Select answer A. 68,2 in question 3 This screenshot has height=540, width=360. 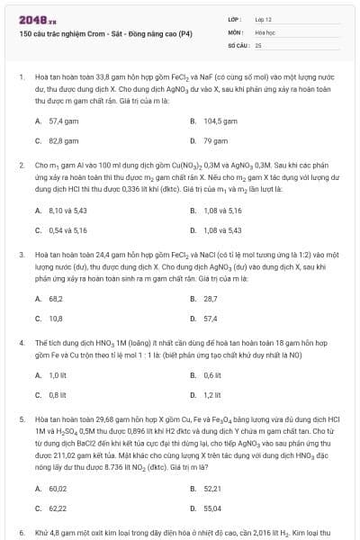[49, 298]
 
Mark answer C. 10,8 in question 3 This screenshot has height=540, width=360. [49, 319]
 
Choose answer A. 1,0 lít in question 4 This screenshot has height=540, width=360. [52, 374]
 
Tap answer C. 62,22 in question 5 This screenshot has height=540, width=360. [51, 508]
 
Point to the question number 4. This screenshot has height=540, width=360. [21, 343]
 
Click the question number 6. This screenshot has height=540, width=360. [21, 533]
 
